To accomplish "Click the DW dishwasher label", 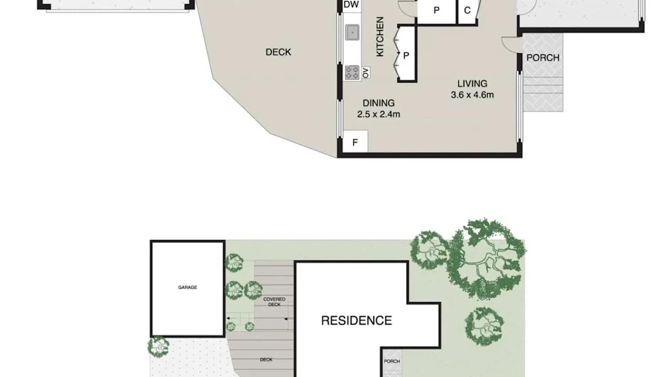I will tap(351, 5).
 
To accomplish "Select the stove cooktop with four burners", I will tap(352, 72).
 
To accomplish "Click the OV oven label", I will tap(365, 72).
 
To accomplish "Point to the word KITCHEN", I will tap(380, 37).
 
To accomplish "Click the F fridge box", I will tap(355, 142).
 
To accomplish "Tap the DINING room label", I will tap(378, 103).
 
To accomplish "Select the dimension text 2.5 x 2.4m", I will tap(378, 114).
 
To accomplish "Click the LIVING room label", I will tap(472, 83).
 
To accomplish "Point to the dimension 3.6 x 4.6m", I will tap(472, 95).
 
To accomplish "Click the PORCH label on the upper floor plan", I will tap(543, 58).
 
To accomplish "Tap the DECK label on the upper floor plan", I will tap(278, 52).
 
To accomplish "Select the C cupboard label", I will tap(467, 10).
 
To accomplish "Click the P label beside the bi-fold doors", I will tap(406, 54).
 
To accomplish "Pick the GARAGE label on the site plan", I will tap(187, 287).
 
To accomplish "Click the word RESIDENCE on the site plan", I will tap(356, 320).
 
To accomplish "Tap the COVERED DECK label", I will tap(274, 302).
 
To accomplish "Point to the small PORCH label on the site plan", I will tap(392, 361).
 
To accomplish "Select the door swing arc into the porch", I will tap(508, 43).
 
